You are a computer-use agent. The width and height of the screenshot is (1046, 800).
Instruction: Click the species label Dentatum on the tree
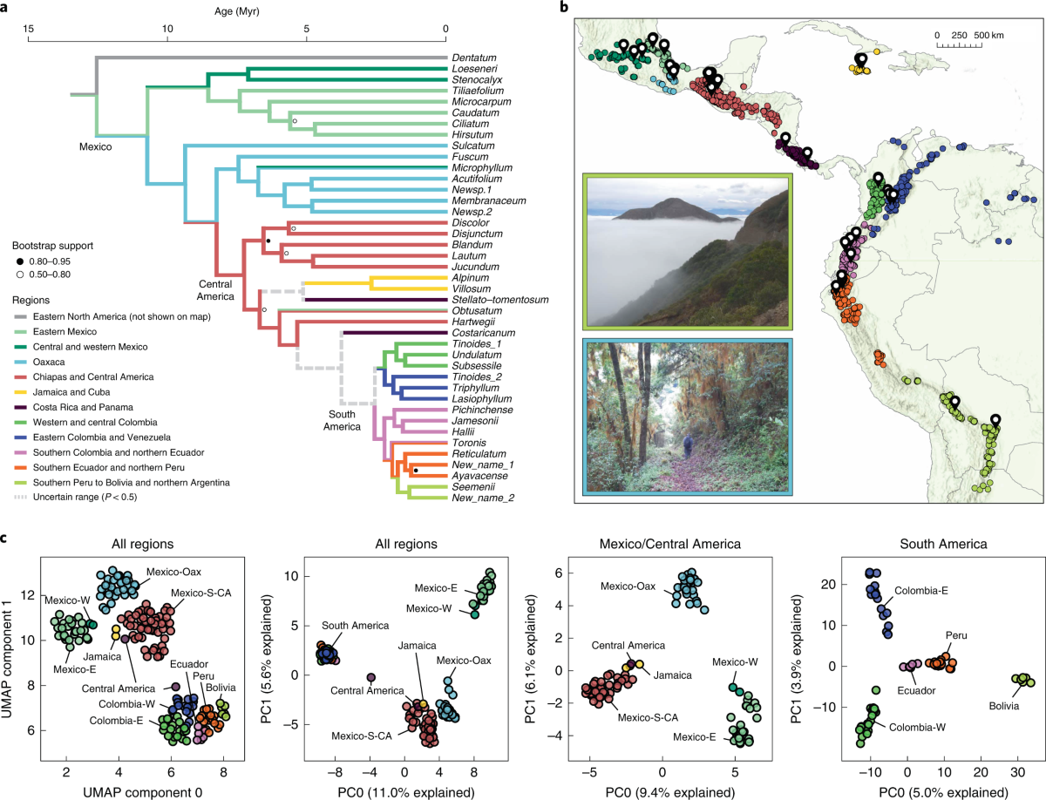476,58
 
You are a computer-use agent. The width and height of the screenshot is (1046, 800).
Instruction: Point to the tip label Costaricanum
480,333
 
